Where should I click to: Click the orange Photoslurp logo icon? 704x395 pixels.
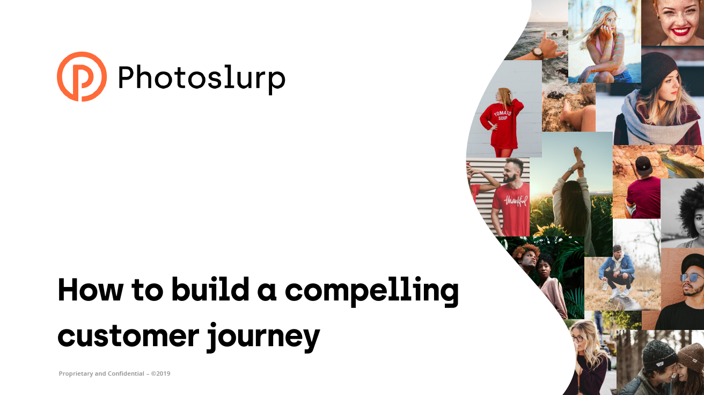point(82,76)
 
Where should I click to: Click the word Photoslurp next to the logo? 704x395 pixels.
point(201,79)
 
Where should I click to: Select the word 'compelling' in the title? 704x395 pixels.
point(371,291)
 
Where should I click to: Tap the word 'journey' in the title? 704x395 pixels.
point(263,337)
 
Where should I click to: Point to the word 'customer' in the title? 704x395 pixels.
point(128,336)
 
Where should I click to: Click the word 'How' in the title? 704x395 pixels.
point(90,290)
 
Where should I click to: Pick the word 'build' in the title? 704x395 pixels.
point(210,289)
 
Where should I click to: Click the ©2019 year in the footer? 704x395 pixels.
point(160,374)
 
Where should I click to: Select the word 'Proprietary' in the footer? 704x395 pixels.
point(76,374)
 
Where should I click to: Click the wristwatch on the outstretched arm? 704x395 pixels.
point(538,53)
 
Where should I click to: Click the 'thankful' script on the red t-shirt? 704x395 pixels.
point(516,200)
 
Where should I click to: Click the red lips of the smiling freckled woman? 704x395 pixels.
point(680,32)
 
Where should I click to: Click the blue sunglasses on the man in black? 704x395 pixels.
point(692,277)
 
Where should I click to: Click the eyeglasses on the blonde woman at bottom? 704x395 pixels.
point(577,339)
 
